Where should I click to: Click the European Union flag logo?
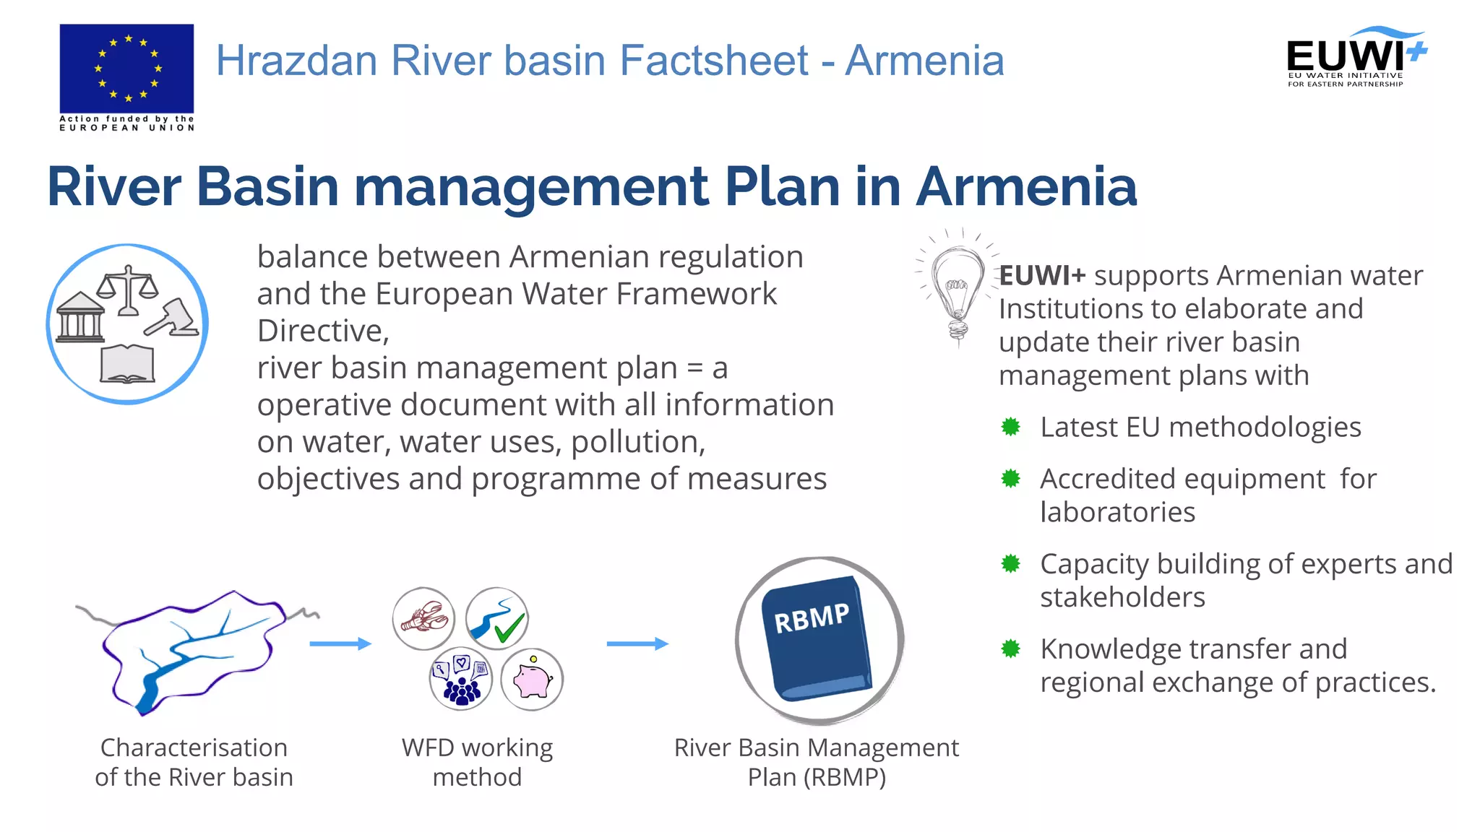tap(126, 69)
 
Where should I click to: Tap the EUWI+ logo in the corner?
tap(1356, 58)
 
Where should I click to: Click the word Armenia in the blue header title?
tap(924, 61)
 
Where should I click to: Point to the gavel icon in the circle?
tap(172, 318)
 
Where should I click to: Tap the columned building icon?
tap(79, 318)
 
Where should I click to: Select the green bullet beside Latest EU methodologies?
tap(1010, 427)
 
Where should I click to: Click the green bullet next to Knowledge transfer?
tap(1010, 649)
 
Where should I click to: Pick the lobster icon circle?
tap(424, 619)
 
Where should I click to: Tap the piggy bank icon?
tap(532, 680)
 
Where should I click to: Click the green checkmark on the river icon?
tap(509, 627)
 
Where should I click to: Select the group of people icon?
tap(461, 680)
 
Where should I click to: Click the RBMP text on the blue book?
tap(812, 618)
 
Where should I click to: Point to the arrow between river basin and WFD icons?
tap(340, 643)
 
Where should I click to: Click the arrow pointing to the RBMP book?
tap(637, 643)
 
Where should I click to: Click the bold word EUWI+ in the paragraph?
tap(1042, 276)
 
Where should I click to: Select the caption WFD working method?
tap(477, 762)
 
